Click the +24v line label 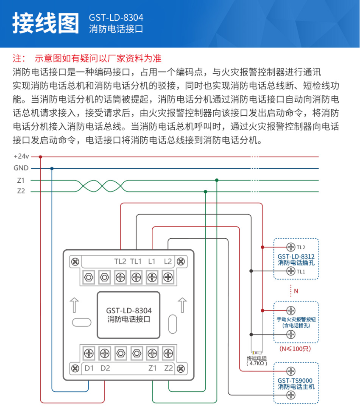point(21,156)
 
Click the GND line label point(21,168)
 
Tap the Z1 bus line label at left point(21,180)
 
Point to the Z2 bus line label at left point(21,191)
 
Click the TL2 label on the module point(120,262)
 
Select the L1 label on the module point(152,262)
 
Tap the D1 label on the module point(89,368)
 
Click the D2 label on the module point(105,368)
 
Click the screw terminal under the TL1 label point(136,277)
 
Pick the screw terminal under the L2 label point(168,277)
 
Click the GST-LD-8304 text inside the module point(129,310)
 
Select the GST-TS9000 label point(296,380)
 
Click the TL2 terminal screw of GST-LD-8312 point(290,247)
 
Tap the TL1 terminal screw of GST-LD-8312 point(290,271)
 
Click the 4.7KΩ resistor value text point(257,363)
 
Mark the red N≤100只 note point(296,349)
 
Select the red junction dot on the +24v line point(40,156)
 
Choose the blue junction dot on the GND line point(52,168)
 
